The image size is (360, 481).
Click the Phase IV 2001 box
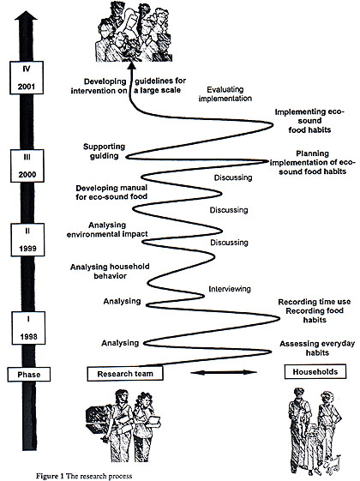coord(27,78)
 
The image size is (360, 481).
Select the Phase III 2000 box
coord(27,165)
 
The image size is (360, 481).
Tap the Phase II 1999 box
coord(27,239)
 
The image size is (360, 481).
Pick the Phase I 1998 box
coord(28,328)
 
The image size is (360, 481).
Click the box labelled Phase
coord(29,375)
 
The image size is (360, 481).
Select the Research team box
coord(125,374)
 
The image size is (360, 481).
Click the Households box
coord(315,372)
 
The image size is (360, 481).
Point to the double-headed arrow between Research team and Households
coord(224,372)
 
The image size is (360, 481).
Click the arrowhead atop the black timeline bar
coord(26,16)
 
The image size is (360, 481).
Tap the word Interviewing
coord(230,289)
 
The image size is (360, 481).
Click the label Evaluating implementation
coord(225,93)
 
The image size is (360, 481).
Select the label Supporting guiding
coord(105,151)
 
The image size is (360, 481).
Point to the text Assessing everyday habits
coord(317,348)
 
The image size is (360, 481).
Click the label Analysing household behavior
coord(110,272)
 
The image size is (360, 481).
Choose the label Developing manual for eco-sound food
coord(111,192)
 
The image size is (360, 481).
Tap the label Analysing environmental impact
coord(107,230)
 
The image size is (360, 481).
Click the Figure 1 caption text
coord(84,476)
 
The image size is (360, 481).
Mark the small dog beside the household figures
coord(333,464)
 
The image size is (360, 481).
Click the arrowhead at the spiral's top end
coord(131,65)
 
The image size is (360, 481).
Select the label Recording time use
coord(315,302)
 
